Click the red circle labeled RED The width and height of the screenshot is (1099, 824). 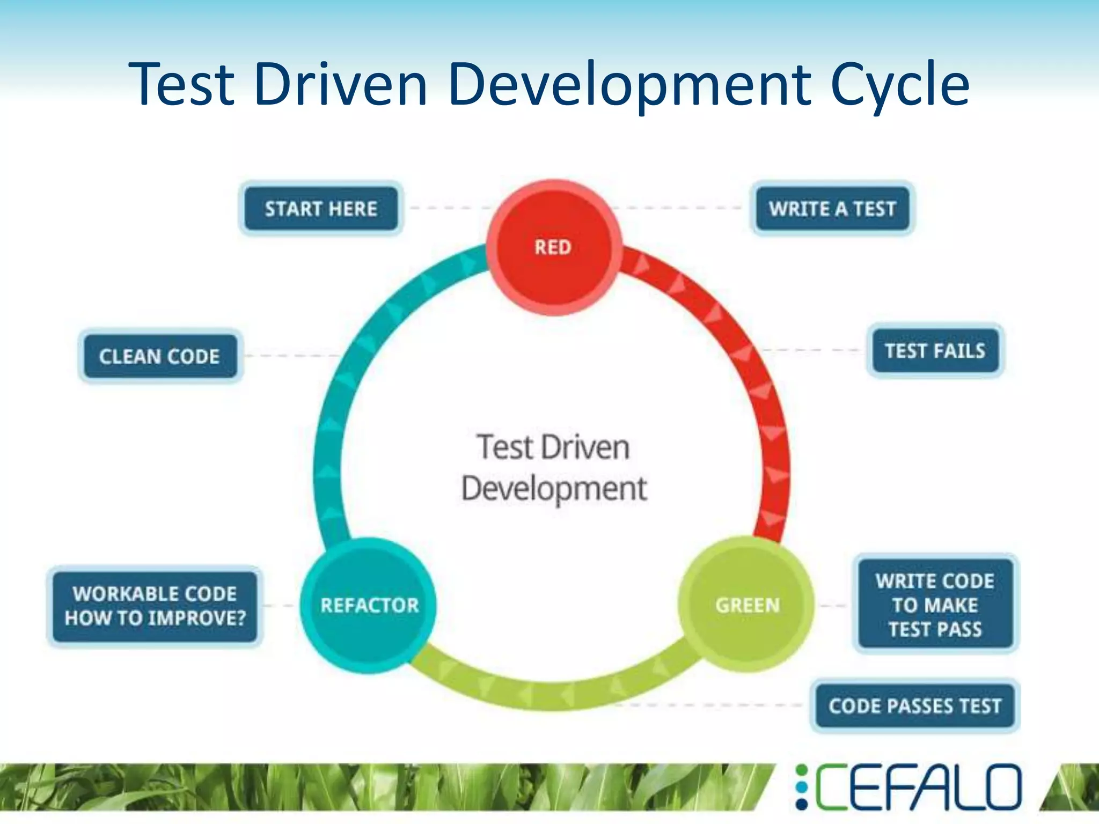click(554, 248)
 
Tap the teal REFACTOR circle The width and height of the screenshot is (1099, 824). click(369, 605)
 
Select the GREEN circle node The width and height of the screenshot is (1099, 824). click(746, 605)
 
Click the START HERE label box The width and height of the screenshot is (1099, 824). click(321, 209)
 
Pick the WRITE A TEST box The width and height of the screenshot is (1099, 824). click(832, 209)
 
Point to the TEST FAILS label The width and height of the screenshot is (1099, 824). click(935, 351)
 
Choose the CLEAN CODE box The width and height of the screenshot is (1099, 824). click(159, 356)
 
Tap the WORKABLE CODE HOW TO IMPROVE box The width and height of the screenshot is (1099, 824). click(155, 606)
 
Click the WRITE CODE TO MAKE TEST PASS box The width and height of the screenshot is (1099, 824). click(935, 605)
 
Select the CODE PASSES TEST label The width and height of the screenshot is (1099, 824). click(915, 705)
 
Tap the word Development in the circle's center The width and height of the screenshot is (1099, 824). click(554, 488)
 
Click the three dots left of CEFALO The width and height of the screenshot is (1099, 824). click(801, 787)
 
